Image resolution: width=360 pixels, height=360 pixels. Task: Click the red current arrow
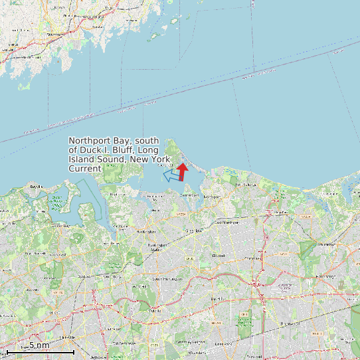tap(183, 171)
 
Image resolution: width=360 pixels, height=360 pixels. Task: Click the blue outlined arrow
tap(171, 175)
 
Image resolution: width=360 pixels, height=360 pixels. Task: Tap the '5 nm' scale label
tap(39, 345)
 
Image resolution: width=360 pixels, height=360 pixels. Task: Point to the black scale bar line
tap(40, 351)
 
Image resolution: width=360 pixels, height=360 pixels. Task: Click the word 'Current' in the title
tap(84, 169)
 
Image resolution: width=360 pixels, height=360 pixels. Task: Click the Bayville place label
tap(36, 187)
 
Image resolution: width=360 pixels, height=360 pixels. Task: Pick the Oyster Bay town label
tap(61, 226)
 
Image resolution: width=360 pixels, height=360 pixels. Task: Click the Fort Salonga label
tap(244, 184)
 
